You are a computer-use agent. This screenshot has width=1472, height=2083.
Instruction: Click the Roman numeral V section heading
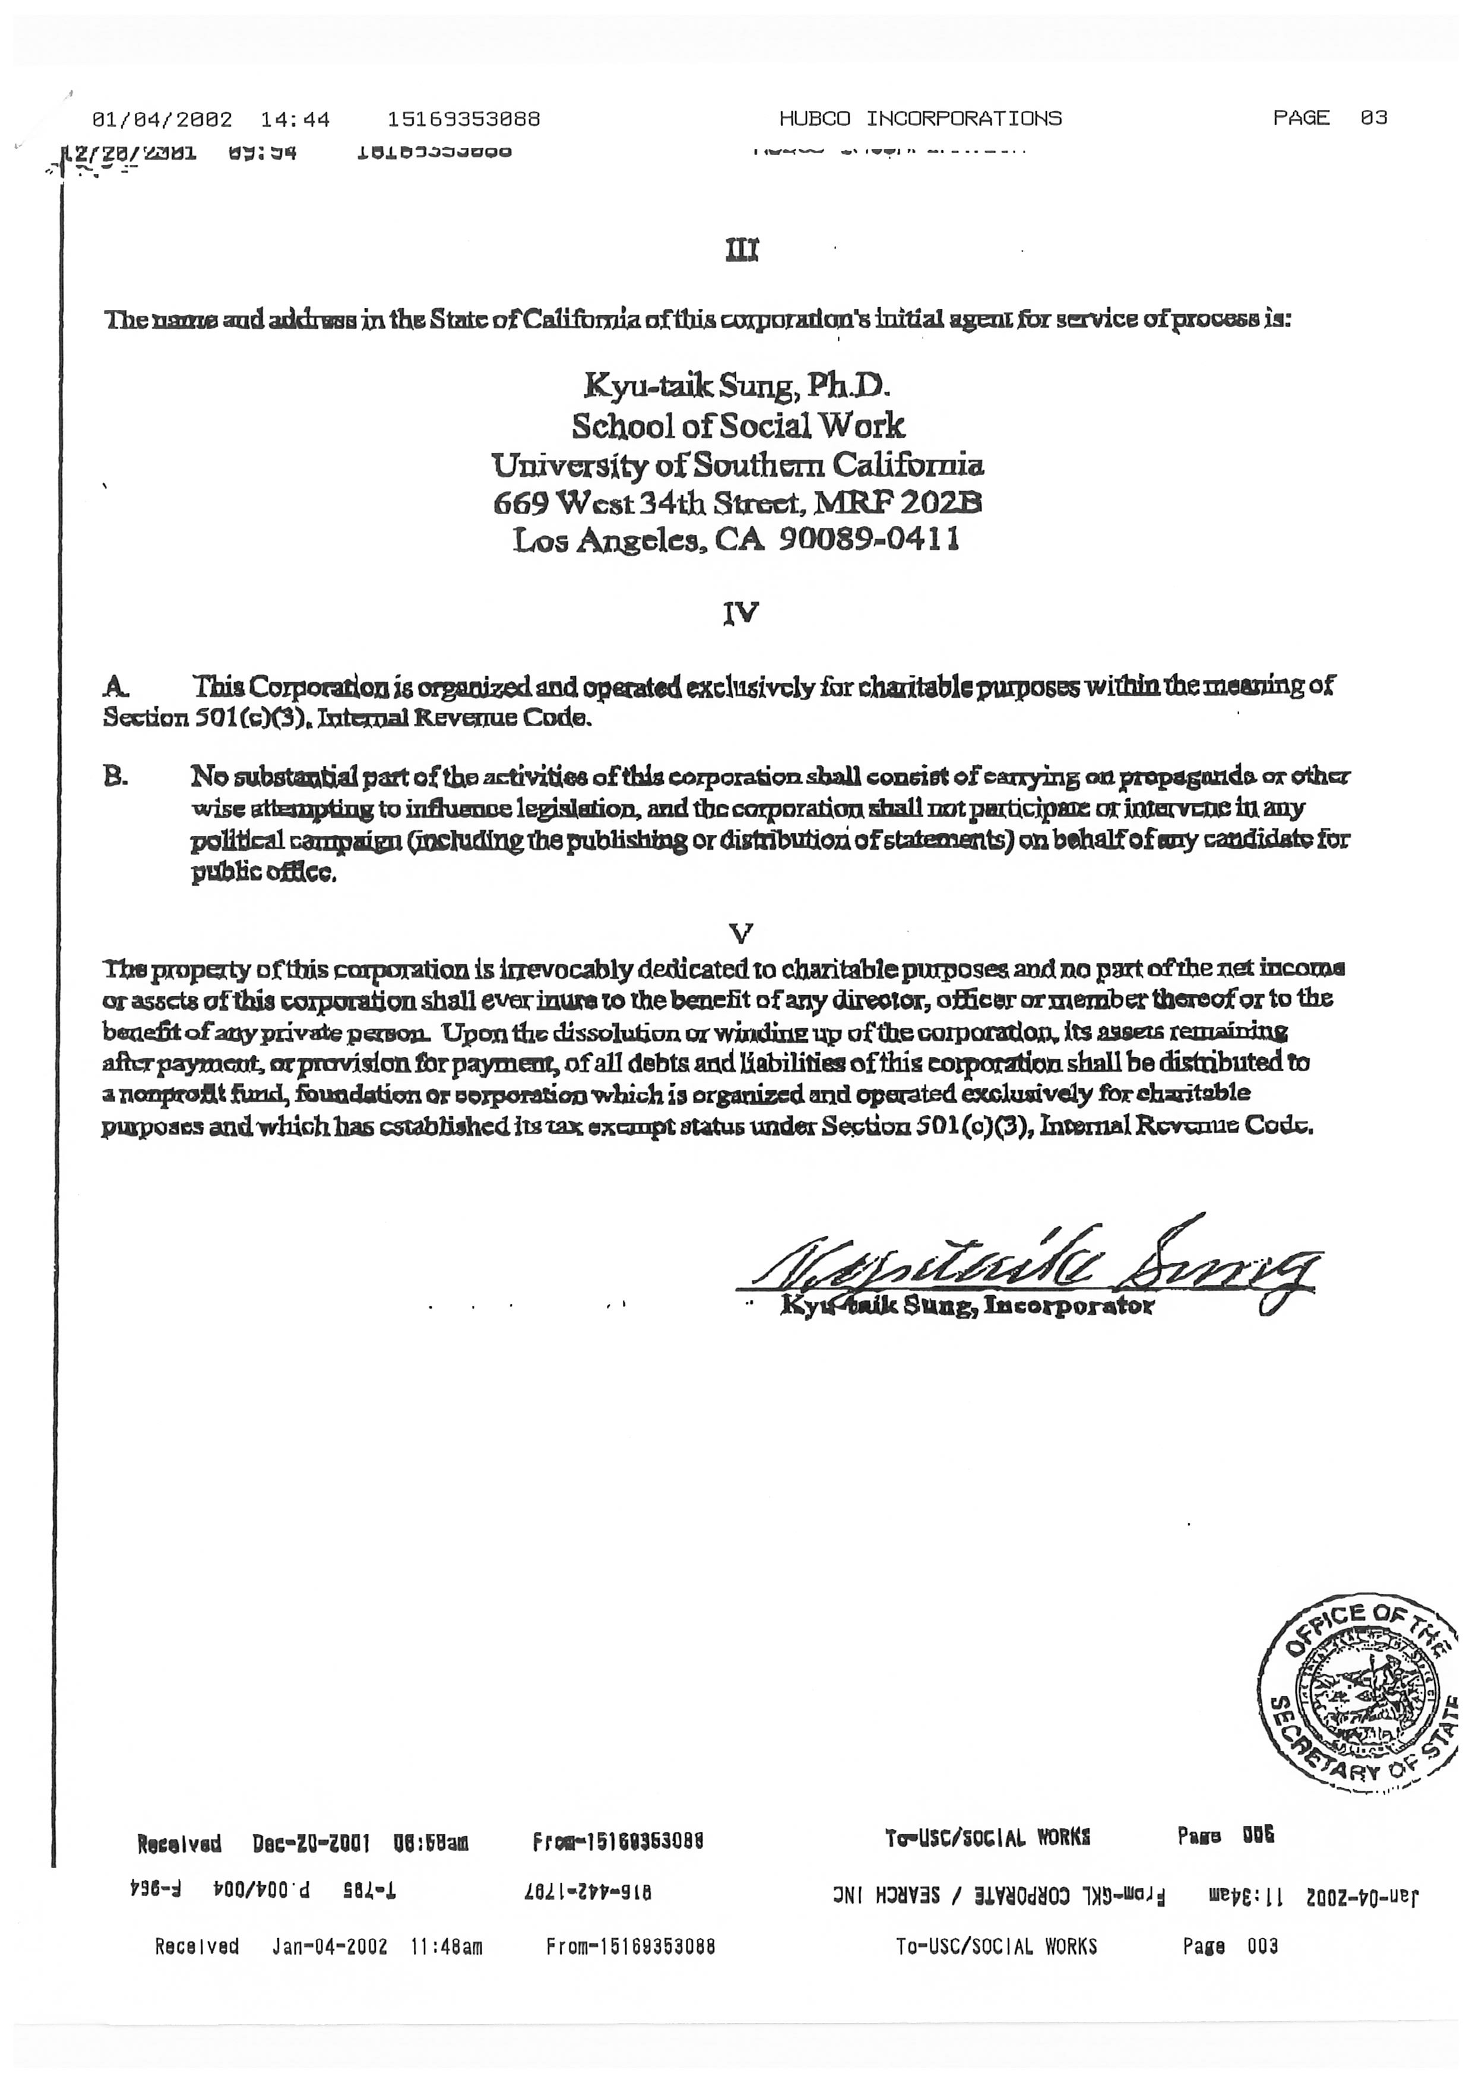[x=741, y=933]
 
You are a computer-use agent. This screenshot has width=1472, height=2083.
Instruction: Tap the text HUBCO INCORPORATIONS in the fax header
[x=920, y=119]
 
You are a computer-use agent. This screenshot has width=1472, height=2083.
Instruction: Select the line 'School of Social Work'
[x=737, y=426]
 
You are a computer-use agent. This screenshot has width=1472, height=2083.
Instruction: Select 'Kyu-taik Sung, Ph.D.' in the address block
[x=737, y=387]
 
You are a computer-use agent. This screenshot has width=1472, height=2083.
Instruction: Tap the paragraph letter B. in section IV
[x=115, y=777]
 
